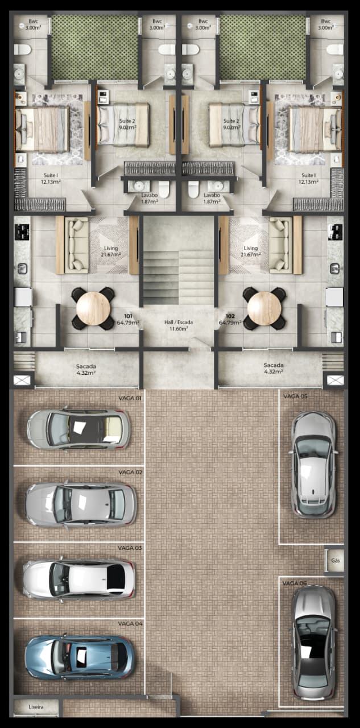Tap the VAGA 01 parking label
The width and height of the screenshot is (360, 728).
click(130, 398)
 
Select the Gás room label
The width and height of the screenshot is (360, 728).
click(336, 561)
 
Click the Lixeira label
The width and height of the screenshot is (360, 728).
click(36, 706)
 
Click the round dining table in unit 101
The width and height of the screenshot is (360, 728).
click(93, 308)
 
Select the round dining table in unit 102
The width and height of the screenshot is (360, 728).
click(264, 308)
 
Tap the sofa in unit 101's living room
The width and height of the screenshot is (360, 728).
click(77, 245)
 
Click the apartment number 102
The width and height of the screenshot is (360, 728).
click(230, 316)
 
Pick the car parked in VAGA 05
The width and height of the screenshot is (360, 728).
click(313, 465)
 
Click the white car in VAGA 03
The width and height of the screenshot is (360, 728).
click(78, 579)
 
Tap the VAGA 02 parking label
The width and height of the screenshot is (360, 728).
click(130, 472)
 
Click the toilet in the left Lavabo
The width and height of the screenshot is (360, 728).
click(164, 189)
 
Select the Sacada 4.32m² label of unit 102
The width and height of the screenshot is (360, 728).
click(274, 368)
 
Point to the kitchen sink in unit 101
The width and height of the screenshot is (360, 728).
click(22, 269)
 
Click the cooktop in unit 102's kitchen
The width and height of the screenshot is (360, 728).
click(336, 232)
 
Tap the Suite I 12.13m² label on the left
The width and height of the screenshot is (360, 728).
click(51, 179)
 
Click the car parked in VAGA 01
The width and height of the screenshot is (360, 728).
click(79, 429)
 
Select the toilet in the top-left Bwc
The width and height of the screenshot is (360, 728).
click(22, 49)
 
